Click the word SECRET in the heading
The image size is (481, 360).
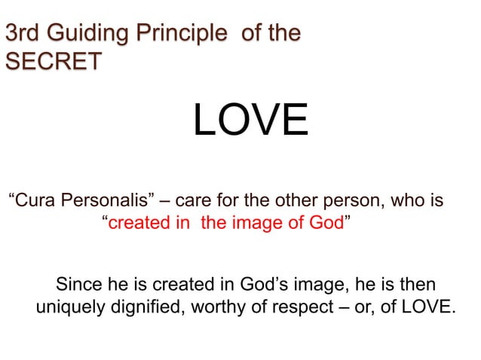pos(53,61)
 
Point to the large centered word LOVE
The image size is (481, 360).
pos(250,121)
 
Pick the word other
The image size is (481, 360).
pos(291,202)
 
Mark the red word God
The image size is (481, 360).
pos(326,224)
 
